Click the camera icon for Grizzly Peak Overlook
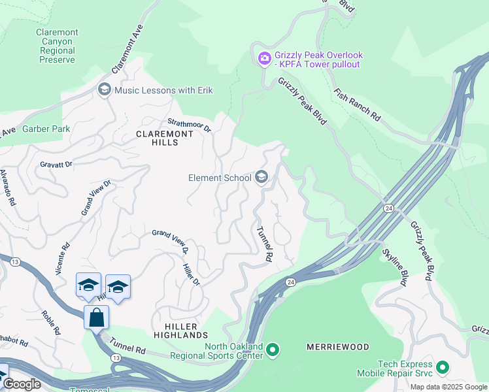[x=264, y=59]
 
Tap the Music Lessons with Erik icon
[x=104, y=90]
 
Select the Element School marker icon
[x=261, y=178]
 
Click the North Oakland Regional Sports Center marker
[x=273, y=351]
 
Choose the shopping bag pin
[x=96, y=318]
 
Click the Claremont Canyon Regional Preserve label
[x=57, y=46]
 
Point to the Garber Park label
[x=46, y=129]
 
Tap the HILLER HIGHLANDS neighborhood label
[x=180, y=330]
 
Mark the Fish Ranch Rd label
[x=357, y=105]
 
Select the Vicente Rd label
[x=63, y=259]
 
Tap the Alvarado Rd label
[x=7, y=188]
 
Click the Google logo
[x=22, y=384]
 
